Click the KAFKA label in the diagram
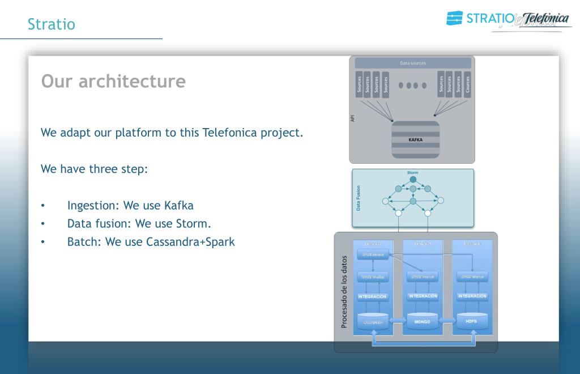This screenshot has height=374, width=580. pyautogui.click(x=415, y=139)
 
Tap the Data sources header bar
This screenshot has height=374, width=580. pyautogui.click(x=412, y=63)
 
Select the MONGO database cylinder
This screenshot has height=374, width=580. pyautogui.click(x=422, y=321)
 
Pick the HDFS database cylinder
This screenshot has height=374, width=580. pyautogui.click(x=472, y=321)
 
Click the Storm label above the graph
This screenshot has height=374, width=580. pyautogui.click(x=413, y=172)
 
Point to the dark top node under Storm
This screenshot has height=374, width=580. pyautogui.click(x=413, y=180)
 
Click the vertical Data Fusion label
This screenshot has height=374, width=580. pyautogui.click(x=358, y=198)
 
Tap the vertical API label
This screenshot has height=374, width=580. pyautogui.click(x=353, y=118)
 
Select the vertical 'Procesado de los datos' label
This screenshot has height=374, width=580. pyautogui.click(x=344, y=292)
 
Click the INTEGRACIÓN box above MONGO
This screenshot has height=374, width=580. pyautogui.click(x=423, y=296)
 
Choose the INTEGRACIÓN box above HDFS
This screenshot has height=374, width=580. pyautogui.click(x=472, y=296)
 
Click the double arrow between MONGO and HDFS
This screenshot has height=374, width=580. pyautogui.click(x=447, y=322)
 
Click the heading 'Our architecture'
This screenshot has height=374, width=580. pyautogui.click(x=113, y=81)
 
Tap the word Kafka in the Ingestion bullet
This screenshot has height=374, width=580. pyautogui.click(x=178, y=205)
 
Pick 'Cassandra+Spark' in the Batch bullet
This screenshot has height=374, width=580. pyautogui.click(x=190, y=242)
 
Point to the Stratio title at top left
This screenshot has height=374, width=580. pyautogui.click(x=51, y=24)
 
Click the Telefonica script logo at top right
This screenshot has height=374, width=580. pyautogui.click(x=545, y=19)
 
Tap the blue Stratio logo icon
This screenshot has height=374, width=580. pyautogui.click(x=454, y=18)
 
